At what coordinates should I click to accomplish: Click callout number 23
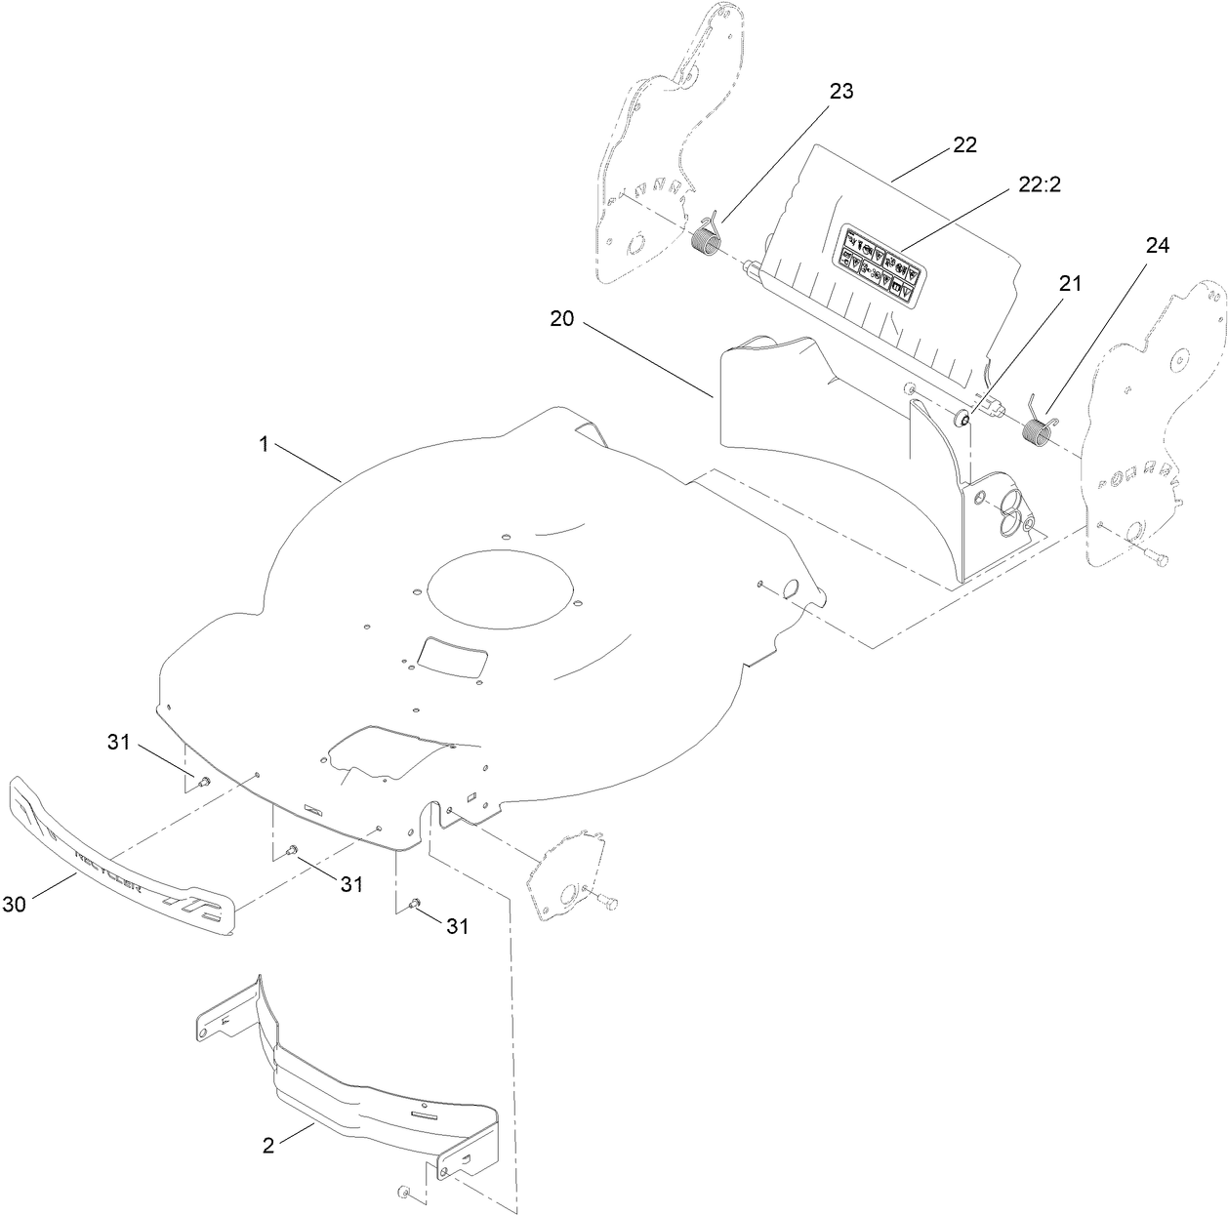tap(840, 92)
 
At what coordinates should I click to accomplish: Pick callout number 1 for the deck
tap(264, 443)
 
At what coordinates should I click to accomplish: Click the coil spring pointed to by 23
tap(705, 238)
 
